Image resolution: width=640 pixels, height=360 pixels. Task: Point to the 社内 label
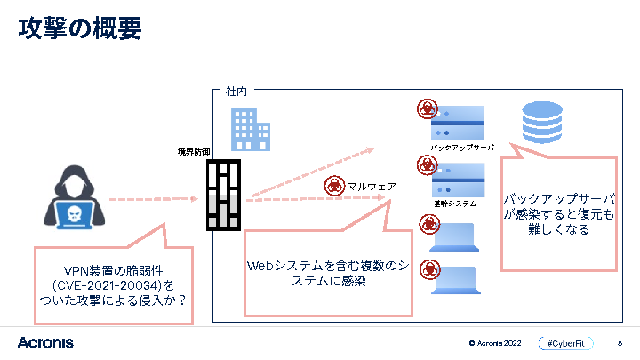236,91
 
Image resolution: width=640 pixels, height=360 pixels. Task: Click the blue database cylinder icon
541,123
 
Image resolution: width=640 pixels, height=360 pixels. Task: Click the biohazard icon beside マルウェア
334,186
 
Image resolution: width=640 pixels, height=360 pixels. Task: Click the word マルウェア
372,187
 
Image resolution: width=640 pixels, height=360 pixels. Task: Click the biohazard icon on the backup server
428,109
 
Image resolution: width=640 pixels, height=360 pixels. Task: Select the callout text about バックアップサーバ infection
559,213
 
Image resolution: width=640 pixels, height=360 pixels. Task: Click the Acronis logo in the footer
44,342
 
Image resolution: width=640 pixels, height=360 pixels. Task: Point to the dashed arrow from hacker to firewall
151,199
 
